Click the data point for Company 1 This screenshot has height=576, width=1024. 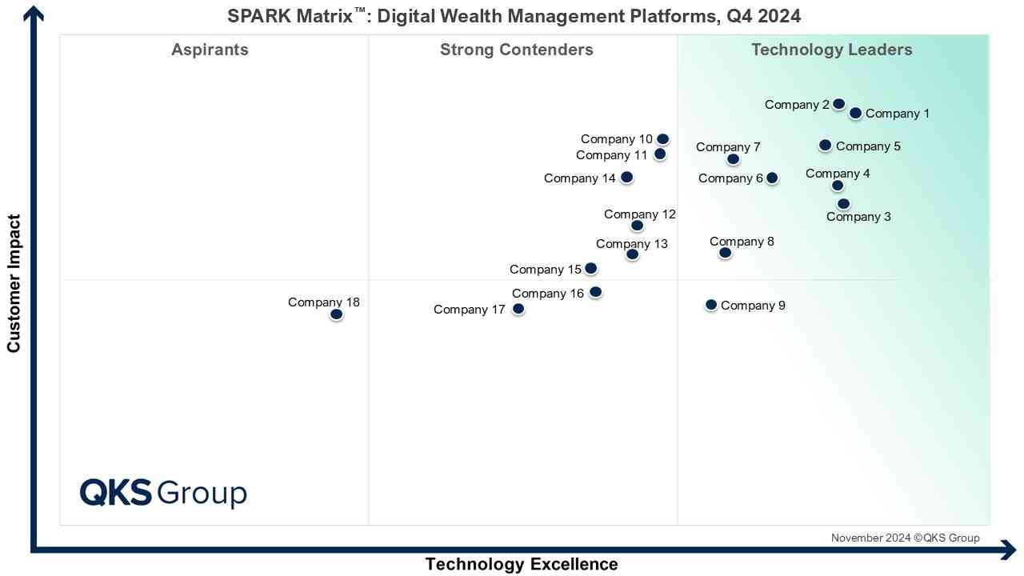855,114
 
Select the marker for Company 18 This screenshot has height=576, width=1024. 336,314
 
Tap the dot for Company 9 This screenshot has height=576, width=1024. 710,305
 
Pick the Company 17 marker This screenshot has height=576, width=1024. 518,309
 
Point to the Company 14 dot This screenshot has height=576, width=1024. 626,177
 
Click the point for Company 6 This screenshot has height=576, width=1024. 771,178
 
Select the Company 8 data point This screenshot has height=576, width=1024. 725,253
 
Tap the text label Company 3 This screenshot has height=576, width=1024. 858,217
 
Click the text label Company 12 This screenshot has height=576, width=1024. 640,214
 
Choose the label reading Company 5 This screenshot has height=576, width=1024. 868,146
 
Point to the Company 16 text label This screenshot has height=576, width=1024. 548,294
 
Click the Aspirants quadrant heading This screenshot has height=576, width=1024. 210,50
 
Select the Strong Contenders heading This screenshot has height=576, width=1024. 517,50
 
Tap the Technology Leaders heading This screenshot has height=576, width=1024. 831,50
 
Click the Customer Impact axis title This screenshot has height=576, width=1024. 14,283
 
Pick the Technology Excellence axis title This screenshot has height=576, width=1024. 522,564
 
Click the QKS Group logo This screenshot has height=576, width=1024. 163,493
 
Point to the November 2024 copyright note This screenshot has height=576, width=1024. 905,538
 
